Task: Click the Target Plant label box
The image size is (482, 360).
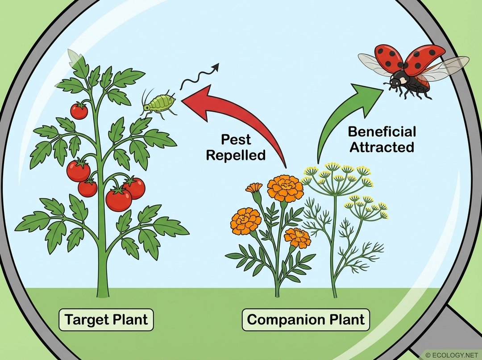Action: coord(106,320)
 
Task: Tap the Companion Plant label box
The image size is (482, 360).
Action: coord(306,320)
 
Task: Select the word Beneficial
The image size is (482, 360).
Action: coord(382,132)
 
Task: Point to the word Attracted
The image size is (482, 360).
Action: coord(382,147)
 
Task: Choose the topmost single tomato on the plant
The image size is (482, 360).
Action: coord(79,111)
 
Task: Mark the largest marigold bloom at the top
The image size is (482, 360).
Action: coord(285,188)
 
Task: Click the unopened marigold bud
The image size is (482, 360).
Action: coord(255,188)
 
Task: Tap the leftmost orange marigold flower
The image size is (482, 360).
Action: coord(246,221)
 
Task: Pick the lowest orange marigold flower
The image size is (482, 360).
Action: coord(298,238)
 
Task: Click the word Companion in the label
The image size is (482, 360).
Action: coord(282,320)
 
